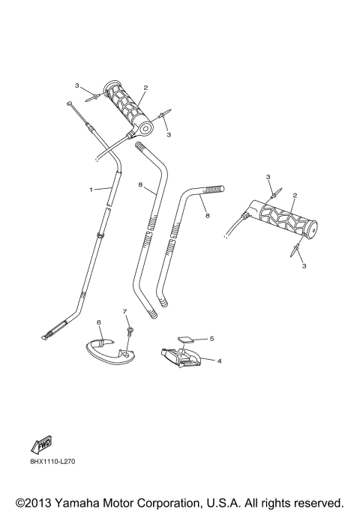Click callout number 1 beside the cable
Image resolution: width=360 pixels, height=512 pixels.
[x=91, y=190]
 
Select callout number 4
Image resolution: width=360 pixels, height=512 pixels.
[x=219, y=361]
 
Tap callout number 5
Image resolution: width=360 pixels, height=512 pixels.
[x=211, y=338]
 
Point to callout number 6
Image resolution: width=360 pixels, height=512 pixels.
[x=98, y=322]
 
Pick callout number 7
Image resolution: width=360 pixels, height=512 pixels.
[x=125, y=311]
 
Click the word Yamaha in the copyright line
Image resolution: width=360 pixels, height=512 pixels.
[x=85, y=502]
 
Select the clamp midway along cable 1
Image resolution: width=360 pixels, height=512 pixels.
[x=100, y=236]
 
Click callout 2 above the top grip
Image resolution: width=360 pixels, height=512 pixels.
[x=145, y=87]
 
